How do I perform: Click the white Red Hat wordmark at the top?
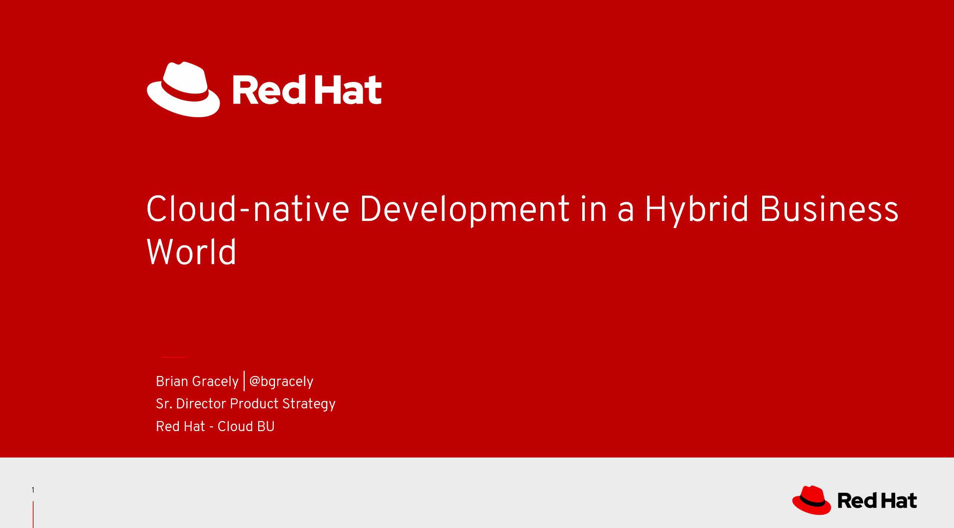coord(307,89)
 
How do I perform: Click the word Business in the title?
coord(829,209)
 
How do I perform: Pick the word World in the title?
coord(191,252)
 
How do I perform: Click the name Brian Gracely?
coord(197,382)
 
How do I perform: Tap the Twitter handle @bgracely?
coord(281,382)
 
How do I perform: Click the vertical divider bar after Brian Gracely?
coord(244,381)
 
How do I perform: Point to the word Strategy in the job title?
coord(309,404)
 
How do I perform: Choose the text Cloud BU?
coord(246,427)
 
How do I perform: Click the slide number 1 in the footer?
coord(33,490)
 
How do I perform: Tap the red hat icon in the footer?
coord(812,500)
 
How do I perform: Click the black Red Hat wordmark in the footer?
coord(877,500)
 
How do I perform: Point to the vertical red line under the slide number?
coord(33,515)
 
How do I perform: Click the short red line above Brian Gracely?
coord(174,357)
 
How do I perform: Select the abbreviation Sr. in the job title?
coord(164,404)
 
